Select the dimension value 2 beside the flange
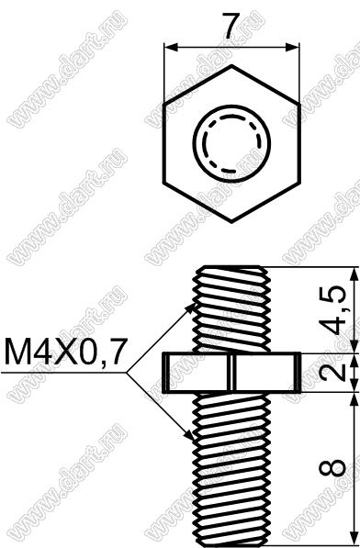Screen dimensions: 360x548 [x=332, y=373]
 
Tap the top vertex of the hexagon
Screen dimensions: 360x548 [x=231, y=64]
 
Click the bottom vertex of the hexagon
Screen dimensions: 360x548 [x=231, y=221]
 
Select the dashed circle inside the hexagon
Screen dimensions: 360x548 [x=232, y=143]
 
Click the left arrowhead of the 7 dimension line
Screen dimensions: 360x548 [x=171, y=47]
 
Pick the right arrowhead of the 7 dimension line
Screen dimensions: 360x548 [x=292, y=47]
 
